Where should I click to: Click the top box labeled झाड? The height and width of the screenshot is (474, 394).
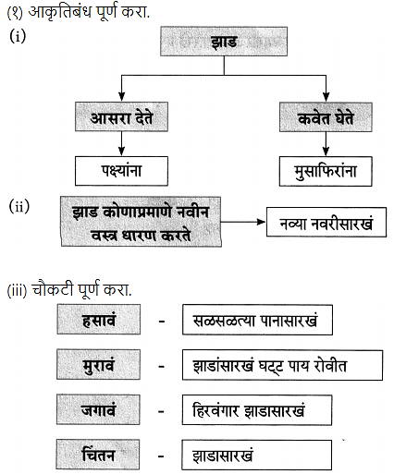click(224, 42)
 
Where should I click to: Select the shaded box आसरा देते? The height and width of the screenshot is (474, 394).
click(121, 117)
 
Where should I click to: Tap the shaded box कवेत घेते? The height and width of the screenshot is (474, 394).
click(326, 117)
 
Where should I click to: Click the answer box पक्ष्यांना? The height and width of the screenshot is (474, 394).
click(121, 171)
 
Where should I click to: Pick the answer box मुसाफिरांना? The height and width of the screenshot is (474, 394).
click(326, 172)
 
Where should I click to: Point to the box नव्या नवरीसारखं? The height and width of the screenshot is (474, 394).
click(326, 223)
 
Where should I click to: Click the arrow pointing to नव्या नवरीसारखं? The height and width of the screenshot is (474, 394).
click(243, 222)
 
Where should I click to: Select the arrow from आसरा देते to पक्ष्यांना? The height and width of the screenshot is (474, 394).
click(121, 144)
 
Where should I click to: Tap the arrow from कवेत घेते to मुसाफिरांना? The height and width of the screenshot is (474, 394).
click(326, 144)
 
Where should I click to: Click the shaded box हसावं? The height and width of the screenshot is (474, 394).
click(99, 320)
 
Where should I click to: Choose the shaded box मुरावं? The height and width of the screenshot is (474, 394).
click(98, 364)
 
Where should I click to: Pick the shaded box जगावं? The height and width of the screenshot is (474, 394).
click(98, 409)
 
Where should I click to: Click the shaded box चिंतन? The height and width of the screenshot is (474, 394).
click(98, 455)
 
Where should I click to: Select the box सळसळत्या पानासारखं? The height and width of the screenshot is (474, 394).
click(257, 320)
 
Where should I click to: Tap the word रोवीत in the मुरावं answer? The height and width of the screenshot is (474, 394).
click(330, 366)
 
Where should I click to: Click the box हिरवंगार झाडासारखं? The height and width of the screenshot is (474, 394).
click(257, 410)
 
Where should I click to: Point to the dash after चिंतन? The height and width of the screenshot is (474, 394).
click(161, 456)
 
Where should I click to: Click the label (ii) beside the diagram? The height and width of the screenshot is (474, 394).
click(19, 206)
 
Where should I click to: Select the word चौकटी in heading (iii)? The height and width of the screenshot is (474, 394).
click(53, 289)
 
